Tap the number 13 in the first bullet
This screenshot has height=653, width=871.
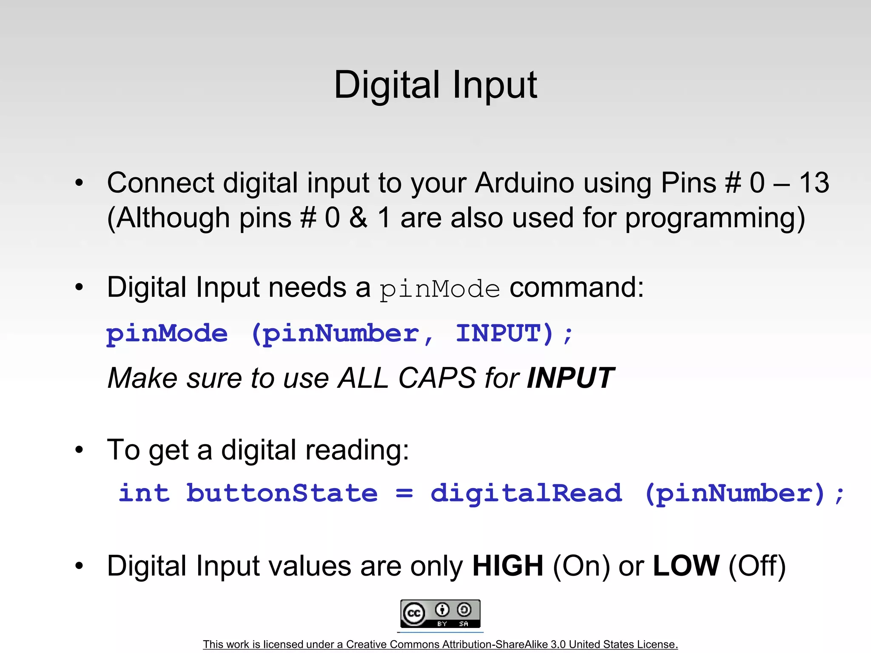814,183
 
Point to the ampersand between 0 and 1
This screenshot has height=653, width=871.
359,218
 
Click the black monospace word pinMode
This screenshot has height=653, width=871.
440,290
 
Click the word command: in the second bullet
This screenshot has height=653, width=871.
577,288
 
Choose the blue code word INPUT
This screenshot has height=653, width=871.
504,333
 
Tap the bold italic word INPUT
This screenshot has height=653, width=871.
570,378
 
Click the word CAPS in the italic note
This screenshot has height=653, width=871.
437,378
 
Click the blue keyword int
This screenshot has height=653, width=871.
144,494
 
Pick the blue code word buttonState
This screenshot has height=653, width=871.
282,494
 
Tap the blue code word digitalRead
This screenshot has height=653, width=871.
526,494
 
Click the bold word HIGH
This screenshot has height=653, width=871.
508,566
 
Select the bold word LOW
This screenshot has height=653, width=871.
686,566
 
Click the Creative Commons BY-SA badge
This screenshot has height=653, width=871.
440,613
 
